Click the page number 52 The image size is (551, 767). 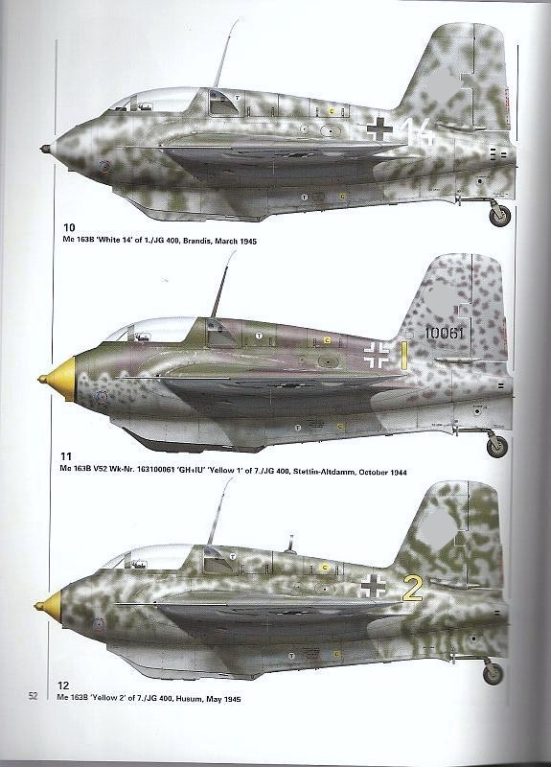[33, 696]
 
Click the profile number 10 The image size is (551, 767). [69, 227]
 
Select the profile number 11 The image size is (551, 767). [66, 456]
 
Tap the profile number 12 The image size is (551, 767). [63, 686]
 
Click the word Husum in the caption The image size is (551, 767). [188, 699]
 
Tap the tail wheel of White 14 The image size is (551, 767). [499, 215]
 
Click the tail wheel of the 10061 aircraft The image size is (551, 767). [497, 447]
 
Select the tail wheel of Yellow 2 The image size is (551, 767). [493, 673]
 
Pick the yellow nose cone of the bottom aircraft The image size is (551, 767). [50, 606]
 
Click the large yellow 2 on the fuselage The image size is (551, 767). [412, 589]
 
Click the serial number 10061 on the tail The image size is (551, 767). [444, 333]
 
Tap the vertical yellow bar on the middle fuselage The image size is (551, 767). [404, 355]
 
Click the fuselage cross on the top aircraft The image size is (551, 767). [379, 128]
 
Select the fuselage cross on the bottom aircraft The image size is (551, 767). [373, 586]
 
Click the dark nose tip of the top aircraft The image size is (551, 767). [46, 149]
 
